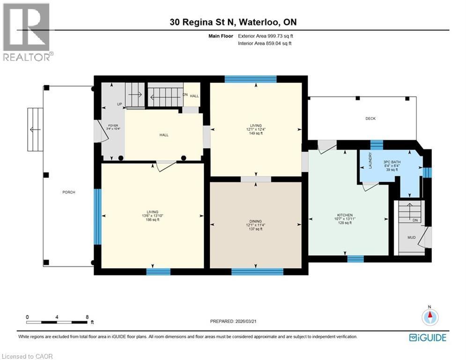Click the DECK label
click(x=370, y=119)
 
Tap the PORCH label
click(x=69, y=192)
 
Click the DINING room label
click(x=256, y=221)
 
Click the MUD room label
click(x=411, y=238)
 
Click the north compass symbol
click(x=429, y=317)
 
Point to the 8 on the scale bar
click(x=87, y=317)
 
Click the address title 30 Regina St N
click(x=233, y=22)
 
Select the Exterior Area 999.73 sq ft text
click(x=266, y=36)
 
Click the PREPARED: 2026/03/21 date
click(x=234, y=322)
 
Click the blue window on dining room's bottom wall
click(x=257, y=271)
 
